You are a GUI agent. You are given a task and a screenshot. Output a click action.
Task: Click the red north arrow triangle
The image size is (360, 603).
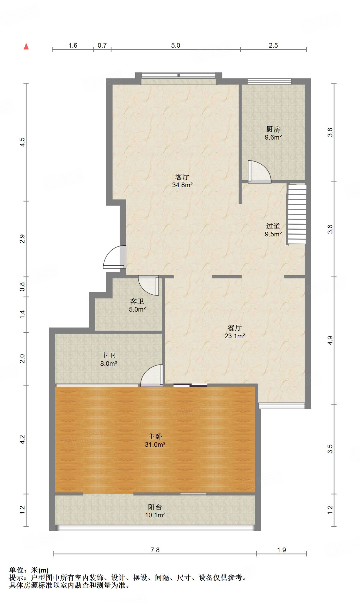coord(26,46)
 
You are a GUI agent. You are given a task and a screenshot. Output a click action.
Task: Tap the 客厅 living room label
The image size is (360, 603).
coord(182,177)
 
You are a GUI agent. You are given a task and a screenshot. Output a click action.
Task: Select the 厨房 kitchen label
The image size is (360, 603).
coord(273,129)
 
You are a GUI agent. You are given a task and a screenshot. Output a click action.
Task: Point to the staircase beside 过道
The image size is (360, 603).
coord(297,214)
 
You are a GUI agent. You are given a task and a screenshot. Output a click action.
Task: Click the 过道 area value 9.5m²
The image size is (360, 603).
coord(273,234)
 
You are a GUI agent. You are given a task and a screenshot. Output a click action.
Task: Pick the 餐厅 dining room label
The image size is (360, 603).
coord(235,328)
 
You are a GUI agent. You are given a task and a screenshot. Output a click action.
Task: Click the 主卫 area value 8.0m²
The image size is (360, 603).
coord(109,364)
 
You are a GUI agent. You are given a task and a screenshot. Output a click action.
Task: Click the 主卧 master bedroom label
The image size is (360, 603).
coord(155,436)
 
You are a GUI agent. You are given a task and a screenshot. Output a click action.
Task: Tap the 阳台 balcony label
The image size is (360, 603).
coord(155,507)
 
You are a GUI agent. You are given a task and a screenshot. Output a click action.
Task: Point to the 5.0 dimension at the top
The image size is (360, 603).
coord(176,45)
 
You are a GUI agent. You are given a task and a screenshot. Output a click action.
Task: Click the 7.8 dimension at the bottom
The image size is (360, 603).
coord(155,550)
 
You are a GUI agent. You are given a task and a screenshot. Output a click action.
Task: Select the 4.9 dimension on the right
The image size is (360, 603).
coord(330,340)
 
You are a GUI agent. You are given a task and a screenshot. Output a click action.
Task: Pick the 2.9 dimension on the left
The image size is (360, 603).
coord(22,239)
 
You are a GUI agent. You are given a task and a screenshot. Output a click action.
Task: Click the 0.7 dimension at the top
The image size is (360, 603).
coord(102,45)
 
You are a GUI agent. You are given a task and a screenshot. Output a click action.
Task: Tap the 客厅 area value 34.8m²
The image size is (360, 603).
coord(182,185)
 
